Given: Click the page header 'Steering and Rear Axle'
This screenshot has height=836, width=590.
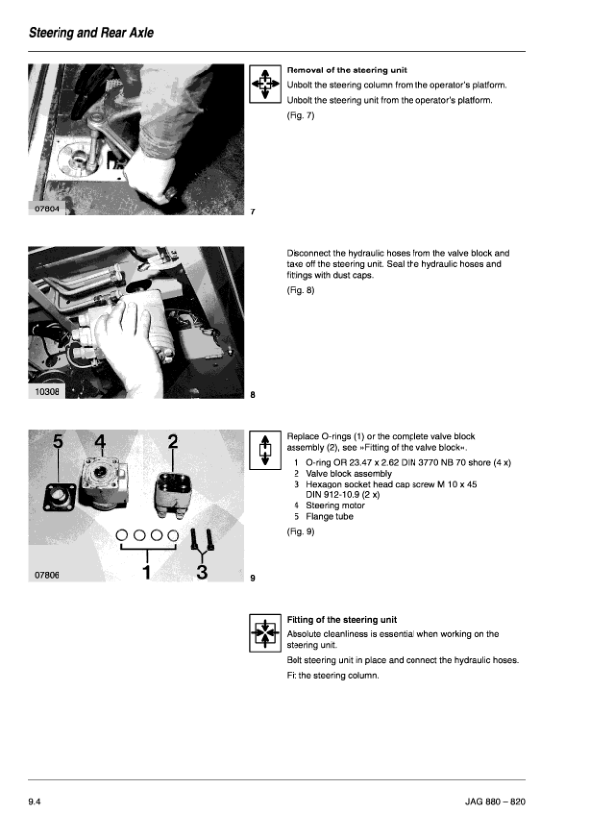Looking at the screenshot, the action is pyautogui.click(x=90, y=33).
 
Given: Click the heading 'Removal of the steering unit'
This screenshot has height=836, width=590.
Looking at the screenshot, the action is pyautogui.click(x=346, y=70).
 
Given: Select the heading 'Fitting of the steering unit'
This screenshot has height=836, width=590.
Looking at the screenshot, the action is pyautogui.click(x=341, y=619).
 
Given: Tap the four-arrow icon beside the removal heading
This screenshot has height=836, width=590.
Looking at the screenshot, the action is pyautogui.click(x=265, y=83).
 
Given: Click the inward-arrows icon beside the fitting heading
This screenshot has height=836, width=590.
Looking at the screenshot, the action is pyautogui.click(x=265, y=632).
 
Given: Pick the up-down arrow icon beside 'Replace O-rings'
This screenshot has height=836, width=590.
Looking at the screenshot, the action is pyautogui.click(x=265, y=450).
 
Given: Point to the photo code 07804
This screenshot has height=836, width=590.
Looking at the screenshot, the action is pyautogui.click(x=47, y=209).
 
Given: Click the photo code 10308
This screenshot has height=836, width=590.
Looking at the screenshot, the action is pyautogui.click(x=47, y=392).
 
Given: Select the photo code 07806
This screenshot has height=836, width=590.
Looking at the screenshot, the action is pyautogui.click(x=47, y=575).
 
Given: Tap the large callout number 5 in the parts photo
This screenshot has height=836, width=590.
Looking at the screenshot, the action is pyautogui.click(x=59, y=442).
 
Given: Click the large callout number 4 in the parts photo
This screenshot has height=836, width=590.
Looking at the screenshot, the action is pyautogui.click(x=100, y=442).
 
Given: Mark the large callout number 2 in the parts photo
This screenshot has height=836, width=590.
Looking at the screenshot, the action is pyautogui.click(x=173, y=442).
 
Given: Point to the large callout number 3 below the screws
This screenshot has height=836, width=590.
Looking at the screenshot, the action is pyautogui.click(x=202, y=572).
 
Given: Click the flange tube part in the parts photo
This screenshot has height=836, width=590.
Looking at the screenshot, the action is pyautogui.click(x=59, y=496).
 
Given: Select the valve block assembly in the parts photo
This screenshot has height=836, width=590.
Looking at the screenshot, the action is pyautogui.click(x=174, y=493).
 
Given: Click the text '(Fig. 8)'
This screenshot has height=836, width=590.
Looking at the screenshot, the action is pyautogui.click(x=300, y=290).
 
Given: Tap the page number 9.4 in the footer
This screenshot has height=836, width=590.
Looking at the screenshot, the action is pyautogui.click(x=34, y=802).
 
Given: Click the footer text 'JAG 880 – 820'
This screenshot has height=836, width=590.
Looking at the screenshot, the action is pyautogui.click(x=495, y=802).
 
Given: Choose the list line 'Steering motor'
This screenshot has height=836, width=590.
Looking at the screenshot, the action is pyautogui.click(x=329, y=505).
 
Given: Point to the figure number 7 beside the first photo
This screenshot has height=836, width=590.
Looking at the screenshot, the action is pyautogui.click(x=253, y=211).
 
